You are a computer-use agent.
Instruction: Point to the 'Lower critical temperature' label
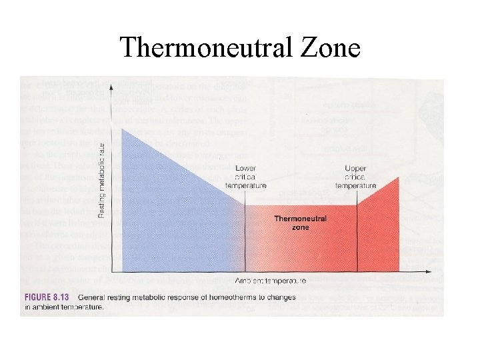(x=245, y=177)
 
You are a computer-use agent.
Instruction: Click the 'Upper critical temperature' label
(x=356, y=177)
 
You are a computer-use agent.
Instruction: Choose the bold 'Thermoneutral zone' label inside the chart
(x=291, y=223)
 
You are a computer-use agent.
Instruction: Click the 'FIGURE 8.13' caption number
(x=47, y=297)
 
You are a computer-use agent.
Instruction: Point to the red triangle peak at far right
(x=399, y=178)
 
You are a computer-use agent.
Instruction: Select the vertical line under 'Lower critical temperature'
(x=245, y=233)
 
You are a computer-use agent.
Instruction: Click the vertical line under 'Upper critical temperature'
(x=357, y=233)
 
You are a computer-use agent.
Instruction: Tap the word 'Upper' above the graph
(x=355, y=168)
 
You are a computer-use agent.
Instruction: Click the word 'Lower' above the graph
(x=245, y=168)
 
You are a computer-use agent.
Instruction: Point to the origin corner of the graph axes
(x=111, y=271)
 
